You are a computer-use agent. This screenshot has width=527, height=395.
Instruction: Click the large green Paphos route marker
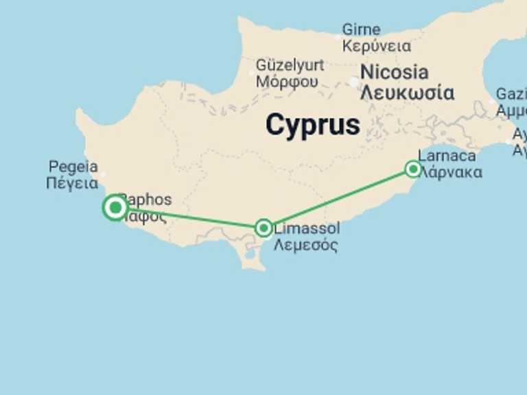(115, 207)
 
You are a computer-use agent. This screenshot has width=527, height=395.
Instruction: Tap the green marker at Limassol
(263, 228)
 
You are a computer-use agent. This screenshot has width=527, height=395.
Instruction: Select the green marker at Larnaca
(412, 169)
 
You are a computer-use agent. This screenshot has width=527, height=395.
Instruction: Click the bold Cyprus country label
(312, 125)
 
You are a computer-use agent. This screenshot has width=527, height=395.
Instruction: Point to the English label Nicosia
(394, 72)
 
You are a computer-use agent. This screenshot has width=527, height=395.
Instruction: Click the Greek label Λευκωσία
(407, 93)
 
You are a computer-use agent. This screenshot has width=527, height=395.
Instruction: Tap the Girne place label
(361, 30)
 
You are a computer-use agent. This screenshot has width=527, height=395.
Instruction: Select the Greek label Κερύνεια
(377, 47)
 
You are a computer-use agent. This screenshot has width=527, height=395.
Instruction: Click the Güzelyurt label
(289, 65)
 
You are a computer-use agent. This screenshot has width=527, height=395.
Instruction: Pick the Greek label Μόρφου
(287, 82)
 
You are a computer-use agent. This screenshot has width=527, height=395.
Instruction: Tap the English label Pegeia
(73, 167)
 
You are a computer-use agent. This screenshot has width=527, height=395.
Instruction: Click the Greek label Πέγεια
(72, 183)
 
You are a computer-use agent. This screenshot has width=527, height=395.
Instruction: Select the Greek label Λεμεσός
(306, 245)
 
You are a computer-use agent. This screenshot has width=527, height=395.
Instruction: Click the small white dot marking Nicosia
(354, 82)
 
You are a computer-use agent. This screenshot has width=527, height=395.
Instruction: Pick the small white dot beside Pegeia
(103, 174)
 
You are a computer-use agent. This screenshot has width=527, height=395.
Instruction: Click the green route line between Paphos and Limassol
(192, 218)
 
